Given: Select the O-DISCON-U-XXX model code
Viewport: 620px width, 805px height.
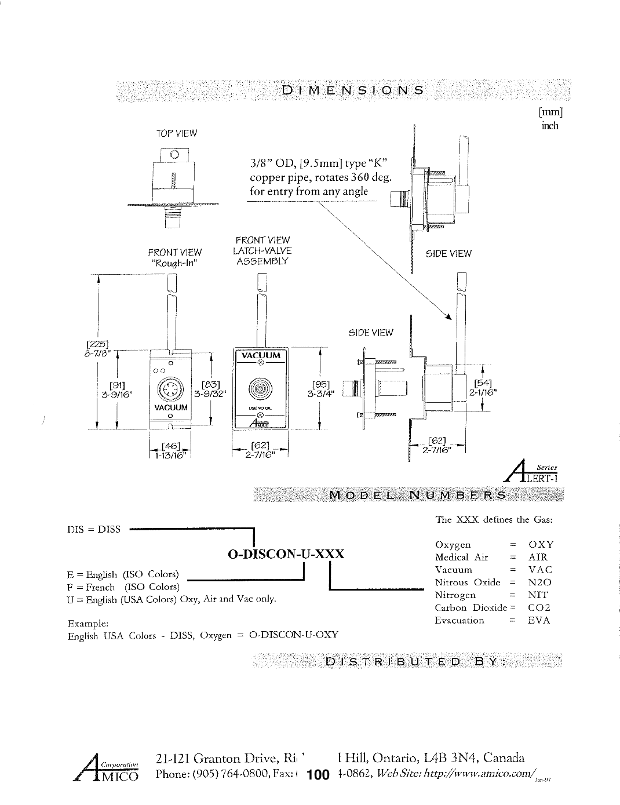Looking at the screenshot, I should coord(286,553).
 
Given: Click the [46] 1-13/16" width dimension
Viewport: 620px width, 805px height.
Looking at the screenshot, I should coord(170,450).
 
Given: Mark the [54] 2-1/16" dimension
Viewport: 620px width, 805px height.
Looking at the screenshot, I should coord(484,387).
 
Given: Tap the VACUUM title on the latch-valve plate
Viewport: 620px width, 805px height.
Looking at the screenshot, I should coord(260,355).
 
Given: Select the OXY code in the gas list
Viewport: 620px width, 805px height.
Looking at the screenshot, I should coord(541,545).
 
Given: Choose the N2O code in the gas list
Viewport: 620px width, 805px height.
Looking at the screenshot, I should coord(540,582).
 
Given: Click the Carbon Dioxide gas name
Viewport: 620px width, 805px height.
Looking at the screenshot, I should coord(471,608).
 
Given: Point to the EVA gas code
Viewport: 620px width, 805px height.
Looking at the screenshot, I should coord(539,621).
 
